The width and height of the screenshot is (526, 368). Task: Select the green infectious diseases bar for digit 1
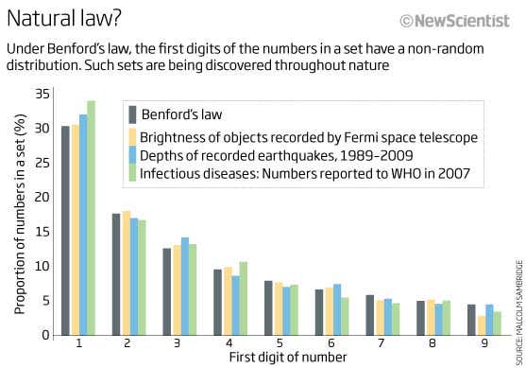(x=91, y=218)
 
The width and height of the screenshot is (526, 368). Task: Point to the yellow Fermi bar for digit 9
(x=481, y=325)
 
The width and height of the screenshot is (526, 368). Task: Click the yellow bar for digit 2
(x=126, y=273)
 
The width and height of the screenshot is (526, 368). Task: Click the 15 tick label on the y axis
(x=43, y=232)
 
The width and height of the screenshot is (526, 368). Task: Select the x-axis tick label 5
(x=280, y=344)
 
